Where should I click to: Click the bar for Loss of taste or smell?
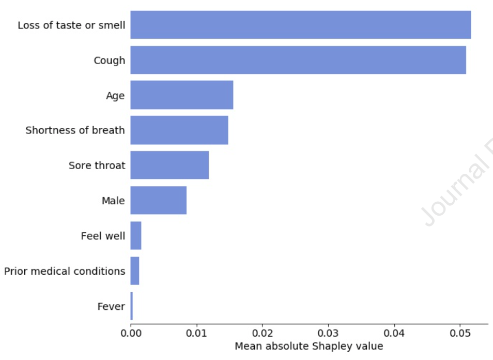(x=300, y=25)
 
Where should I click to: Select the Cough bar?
(x=298, y=60)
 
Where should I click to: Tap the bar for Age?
(x=181, y=95)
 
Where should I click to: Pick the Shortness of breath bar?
(x=179, y=130)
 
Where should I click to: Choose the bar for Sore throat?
(x=170, y=165)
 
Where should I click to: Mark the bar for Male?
(x=158, y=200)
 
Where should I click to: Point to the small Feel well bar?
(x=136, y=235)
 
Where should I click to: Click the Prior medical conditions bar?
(x=135, y=271)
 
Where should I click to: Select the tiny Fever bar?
(x=132, y=306)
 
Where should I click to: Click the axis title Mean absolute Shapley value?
(x=309, y=346)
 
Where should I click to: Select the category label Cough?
(x=109, y=61)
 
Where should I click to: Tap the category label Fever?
(x=111, y=306)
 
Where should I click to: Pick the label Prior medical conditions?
(x=65, y=271)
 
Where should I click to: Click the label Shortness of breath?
(x=75, y=130)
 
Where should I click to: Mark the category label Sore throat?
(x=97, y=166)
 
